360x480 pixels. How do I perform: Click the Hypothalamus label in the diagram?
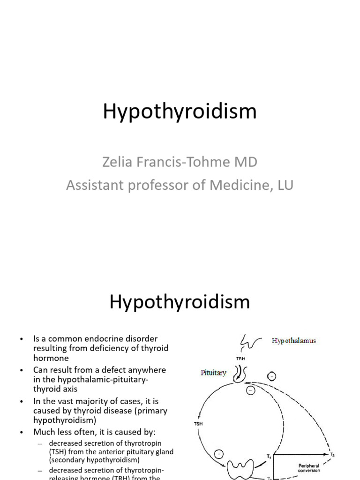(x=294, y=341)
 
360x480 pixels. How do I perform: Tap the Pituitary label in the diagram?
(x=213, y=373)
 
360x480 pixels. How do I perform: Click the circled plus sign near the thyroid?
(x=219, y=453)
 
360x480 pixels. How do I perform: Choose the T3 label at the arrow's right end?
(x=332, y=454)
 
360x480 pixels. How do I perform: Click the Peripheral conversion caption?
(x=308, y=468)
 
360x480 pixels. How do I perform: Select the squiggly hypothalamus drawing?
(x=248, y=341)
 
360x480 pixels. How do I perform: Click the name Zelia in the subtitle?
(x=115, y=162)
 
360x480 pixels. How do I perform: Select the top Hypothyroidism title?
(x=180, y=112)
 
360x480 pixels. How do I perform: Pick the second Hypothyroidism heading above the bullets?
(x=180, y=302)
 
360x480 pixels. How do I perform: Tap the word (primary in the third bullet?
(x=150, y=411)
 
